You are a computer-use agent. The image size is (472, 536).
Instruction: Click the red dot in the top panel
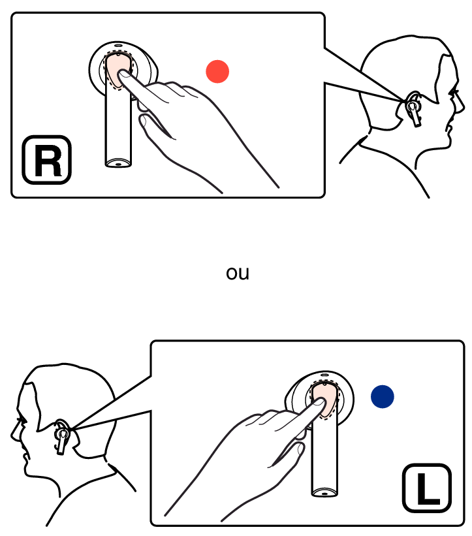click(217, 71)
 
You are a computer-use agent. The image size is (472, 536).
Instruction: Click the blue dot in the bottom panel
click(383, 396)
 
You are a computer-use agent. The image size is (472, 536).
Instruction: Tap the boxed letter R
click(47, 160)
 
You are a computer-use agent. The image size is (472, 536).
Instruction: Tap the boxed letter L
click(427, 488)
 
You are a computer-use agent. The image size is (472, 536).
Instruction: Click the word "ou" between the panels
click(238, 274)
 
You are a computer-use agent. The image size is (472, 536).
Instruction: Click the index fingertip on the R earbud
click(123, 74)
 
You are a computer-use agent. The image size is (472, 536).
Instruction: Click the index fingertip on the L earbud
click(320, 402)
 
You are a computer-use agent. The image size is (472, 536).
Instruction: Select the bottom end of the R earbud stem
click(118, 164)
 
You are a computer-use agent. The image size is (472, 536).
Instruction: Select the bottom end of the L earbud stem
click(324, 493)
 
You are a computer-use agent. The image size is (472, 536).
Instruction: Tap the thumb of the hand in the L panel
click(287, 454)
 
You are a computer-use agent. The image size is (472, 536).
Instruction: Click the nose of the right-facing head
click(463, 104)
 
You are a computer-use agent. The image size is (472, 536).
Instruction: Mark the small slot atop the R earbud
click(118, 45)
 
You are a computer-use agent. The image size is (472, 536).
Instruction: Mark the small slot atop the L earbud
click(324, 375)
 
